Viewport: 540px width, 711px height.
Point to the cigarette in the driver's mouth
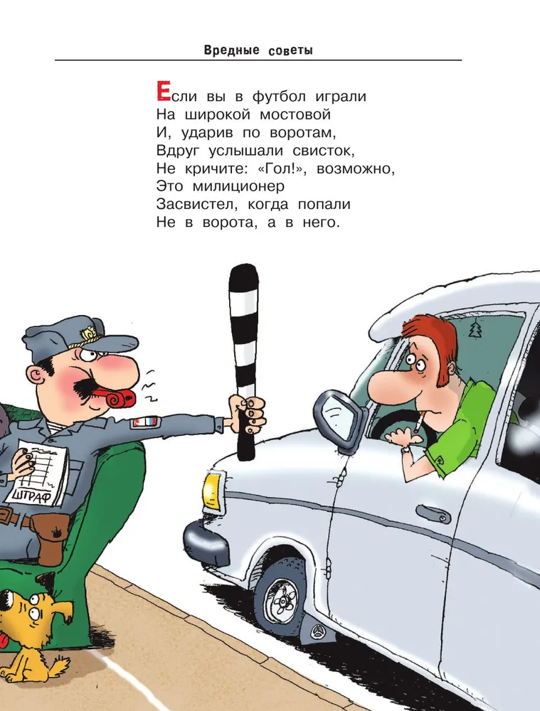[x=418, y=422]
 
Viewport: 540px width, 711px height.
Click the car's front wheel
[x=280, y=597]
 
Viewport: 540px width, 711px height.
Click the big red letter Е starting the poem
[x=163, y=91]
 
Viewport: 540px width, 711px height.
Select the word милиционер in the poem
[x=238, y=186]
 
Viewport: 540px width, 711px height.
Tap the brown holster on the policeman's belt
[x=49, y=539]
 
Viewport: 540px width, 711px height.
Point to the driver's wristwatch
[x=406, y=449]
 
